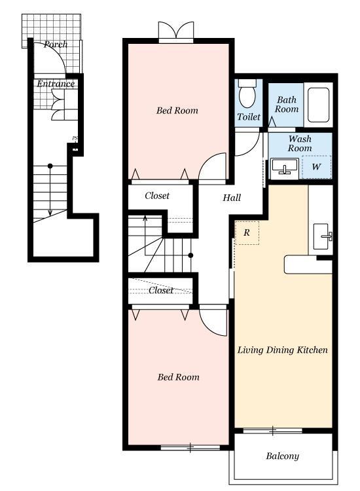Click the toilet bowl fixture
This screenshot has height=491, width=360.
(247, 93)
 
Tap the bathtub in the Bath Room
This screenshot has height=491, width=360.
(318, 105)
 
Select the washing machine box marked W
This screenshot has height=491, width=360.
(317, 167)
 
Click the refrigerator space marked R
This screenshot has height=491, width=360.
(247, 232)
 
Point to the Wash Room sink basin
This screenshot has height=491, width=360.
(284, 166)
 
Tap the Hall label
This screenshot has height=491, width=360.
(232, 198)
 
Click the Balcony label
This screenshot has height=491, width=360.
(282, 456)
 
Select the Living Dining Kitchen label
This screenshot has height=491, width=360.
(282, 350)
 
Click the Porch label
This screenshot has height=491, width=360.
(56, 44)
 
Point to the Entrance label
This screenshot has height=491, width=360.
(56, 84)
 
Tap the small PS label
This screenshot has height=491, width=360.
(75, 138)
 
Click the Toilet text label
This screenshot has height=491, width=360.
(249, 117)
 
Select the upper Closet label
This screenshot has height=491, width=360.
(157, 196)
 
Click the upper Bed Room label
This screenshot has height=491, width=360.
(177, 110)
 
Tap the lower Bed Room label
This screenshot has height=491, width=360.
(178, 377)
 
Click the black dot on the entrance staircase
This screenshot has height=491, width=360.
(50, 166)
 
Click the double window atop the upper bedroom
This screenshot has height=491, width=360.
(176, 32)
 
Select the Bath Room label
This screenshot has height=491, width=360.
(287, 104)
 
